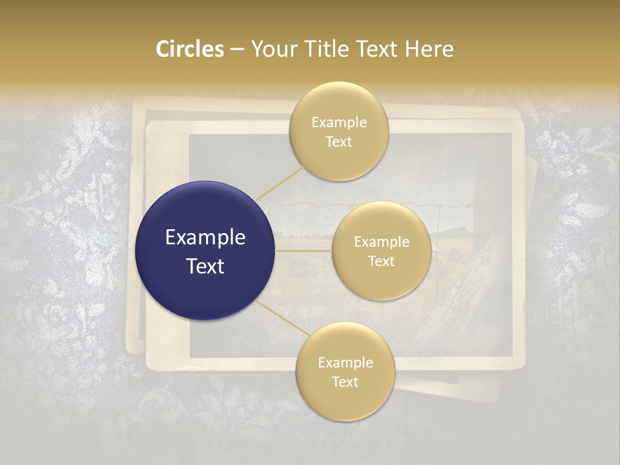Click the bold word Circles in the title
189,49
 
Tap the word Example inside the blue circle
205,237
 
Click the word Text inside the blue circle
205,265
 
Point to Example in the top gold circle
338,123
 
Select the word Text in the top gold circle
338,142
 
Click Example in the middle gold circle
381,242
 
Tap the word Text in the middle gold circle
381,262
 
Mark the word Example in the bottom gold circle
345,363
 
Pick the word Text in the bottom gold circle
345,382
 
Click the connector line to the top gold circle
279,183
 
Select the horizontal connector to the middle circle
304,251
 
